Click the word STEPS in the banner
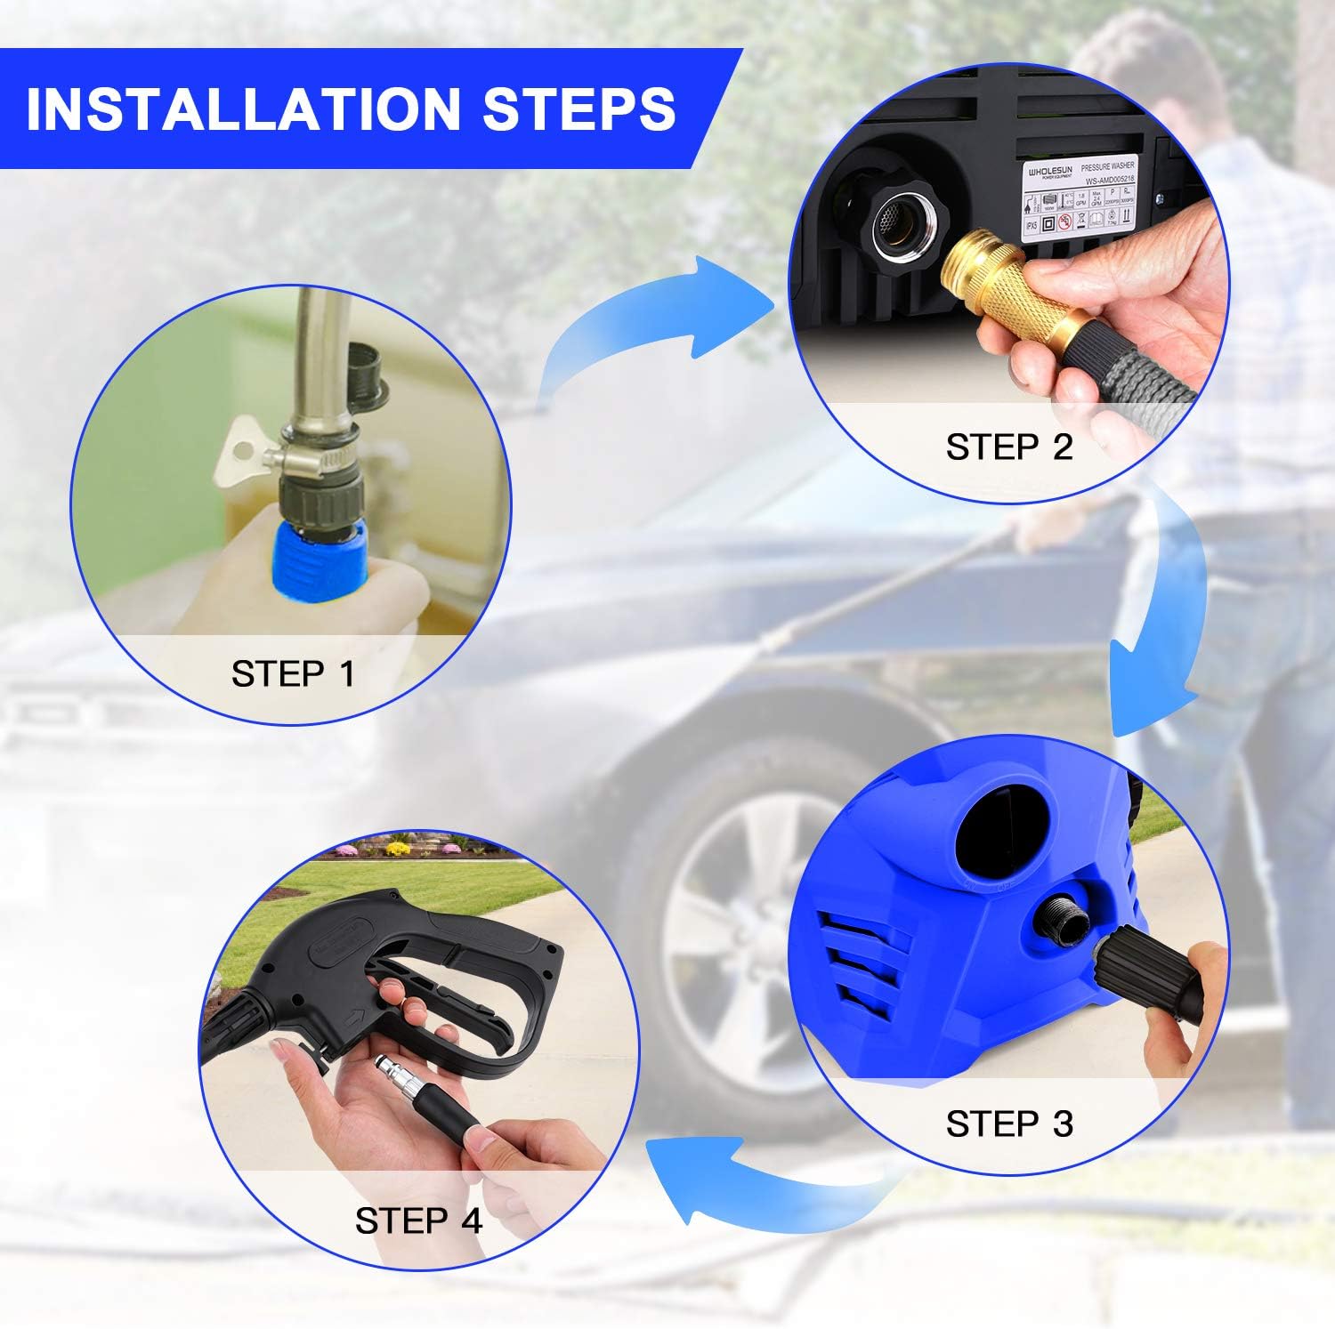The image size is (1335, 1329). [579, 109]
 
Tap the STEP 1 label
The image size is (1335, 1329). [293, 674]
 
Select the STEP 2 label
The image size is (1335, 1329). [1009, 447]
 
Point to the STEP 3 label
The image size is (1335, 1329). [1009, 1124]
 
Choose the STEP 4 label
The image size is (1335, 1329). [418, 1220]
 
